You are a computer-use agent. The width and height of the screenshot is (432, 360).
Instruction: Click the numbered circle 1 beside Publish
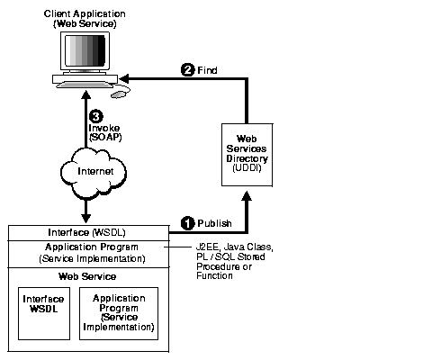pos(188,222)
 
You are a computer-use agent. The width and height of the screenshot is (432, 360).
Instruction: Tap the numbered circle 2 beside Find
pos(187,69)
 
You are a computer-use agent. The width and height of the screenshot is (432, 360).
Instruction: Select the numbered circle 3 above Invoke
pos(95,116)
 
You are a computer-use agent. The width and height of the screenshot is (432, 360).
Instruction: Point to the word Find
pos(206,69)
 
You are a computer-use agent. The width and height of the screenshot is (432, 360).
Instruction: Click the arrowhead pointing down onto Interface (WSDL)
pos(85,217)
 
